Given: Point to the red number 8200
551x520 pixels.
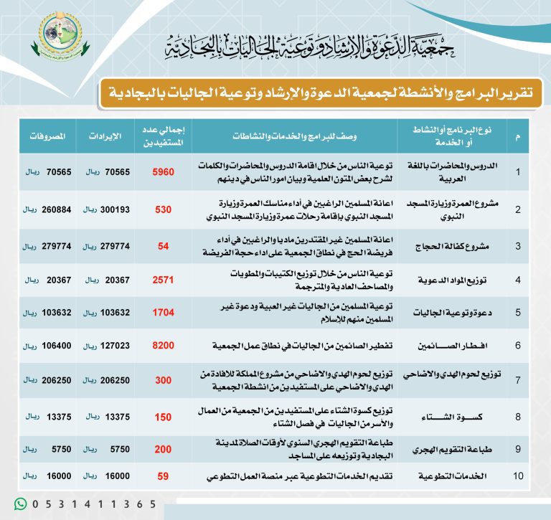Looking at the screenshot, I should coord(163,345).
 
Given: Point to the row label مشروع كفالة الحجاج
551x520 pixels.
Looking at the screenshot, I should coord(455,246).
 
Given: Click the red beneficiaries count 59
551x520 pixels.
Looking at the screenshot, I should coord(163,474).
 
